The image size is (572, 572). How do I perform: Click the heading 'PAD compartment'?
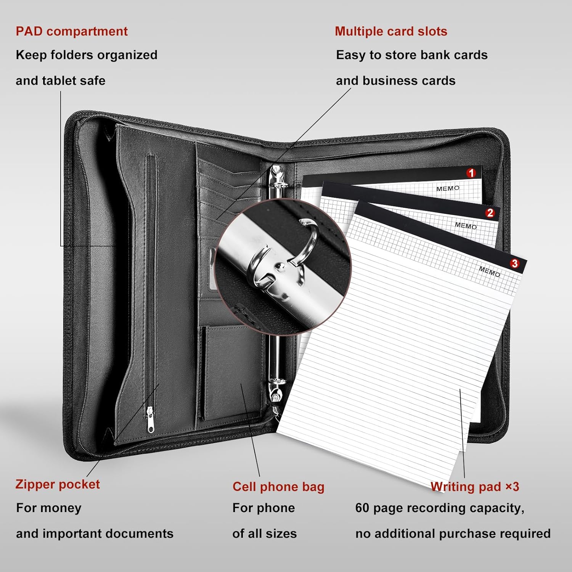[x=72, y=31]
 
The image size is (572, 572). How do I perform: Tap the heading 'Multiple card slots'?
[x=391, y=31]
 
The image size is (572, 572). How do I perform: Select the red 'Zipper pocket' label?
[x=58, y=484]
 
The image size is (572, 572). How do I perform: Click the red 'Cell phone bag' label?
[x=278, y=487]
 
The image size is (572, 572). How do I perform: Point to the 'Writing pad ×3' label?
[x=475, y=487]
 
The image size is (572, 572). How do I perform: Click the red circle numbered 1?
[x=471, y=173]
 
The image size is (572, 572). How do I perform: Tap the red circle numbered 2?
[x=490, y=213]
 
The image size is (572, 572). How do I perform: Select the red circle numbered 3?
[x=515, y=264]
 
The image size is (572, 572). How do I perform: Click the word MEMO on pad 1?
[x=448, y=188]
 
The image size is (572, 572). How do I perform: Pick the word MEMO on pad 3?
[x=489, y=272]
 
